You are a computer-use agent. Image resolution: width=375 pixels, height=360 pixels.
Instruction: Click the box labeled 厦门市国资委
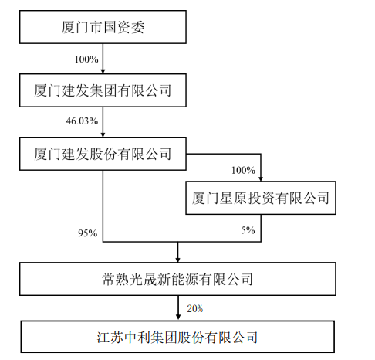(103, 27)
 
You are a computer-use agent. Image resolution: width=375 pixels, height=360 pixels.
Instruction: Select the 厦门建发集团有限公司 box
(103, 90)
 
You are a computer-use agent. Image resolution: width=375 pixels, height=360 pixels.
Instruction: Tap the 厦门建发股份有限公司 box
(103, 154)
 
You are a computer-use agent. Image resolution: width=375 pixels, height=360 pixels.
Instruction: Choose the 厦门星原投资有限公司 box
(261, 198)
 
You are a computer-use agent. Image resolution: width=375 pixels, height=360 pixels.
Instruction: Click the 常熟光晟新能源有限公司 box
(177, 279)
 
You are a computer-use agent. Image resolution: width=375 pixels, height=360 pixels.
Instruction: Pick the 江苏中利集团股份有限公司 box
(177, 337)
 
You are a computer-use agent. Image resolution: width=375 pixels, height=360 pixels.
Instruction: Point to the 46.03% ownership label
(82, 121)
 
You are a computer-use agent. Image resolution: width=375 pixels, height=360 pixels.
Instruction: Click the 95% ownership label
(88, 233)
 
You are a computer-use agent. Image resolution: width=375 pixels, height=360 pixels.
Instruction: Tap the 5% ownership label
(248, 230)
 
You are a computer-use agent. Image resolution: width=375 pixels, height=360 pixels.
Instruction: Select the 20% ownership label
(195, 308)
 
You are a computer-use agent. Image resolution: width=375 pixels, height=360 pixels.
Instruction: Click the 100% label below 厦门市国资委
(86, 59)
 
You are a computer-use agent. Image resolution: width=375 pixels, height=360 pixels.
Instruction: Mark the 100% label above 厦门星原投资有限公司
(243, 170)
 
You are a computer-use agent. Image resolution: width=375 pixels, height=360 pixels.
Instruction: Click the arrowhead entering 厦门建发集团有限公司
(103, 71)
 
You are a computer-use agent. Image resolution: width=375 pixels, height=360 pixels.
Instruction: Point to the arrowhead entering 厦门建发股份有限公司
(103, 134)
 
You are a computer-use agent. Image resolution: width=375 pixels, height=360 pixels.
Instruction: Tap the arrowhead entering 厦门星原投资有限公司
(261, 178)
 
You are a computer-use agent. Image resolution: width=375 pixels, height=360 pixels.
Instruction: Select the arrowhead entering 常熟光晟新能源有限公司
(177, 260)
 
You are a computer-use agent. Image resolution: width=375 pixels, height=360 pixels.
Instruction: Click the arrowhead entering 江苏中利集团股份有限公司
(178, 317)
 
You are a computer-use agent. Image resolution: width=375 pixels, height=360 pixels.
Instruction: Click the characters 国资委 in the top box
(123, 27)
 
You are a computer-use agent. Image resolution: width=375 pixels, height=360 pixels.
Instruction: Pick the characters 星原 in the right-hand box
(233, 198)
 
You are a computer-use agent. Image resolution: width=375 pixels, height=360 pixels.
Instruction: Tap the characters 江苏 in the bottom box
(110, 337)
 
